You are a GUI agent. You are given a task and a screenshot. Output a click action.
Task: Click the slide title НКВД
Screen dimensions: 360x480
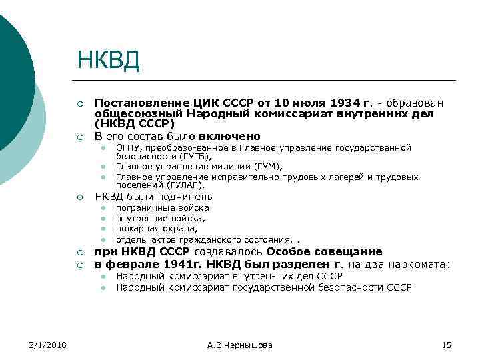(108, 61)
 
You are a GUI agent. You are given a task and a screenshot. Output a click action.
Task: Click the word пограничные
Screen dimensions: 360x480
(143, 208)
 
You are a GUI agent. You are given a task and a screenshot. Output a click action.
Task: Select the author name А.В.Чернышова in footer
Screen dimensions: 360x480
(239, 345)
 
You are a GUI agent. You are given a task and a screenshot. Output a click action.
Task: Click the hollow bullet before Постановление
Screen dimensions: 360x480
(80, 104)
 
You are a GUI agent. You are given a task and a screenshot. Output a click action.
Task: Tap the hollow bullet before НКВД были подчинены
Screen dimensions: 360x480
(80, 197)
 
